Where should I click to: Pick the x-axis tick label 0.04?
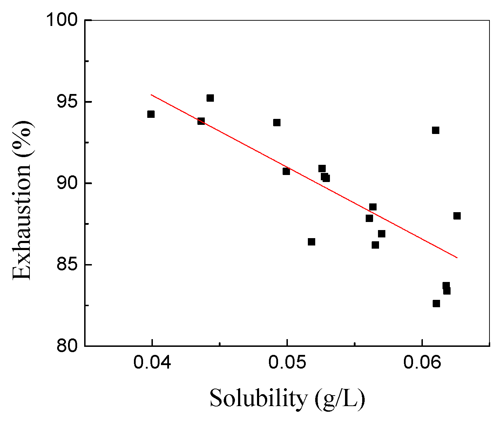coord(152,364)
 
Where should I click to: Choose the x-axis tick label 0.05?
coord(287,364)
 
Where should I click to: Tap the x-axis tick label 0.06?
coord(422,364)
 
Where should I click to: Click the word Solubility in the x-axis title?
coord(258,399)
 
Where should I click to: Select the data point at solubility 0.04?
coord(151,114)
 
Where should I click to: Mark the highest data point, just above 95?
coord(210,98)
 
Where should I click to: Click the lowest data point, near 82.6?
coord(436,303)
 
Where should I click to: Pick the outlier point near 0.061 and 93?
coord(435,130)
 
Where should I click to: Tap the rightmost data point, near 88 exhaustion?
coord(457,216)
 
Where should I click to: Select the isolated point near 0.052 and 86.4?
coord(311,242)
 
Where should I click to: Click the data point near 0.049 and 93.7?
coord(277,122)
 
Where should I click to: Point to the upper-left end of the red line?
coord(151,94)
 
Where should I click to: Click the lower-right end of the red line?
coord(457,257)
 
